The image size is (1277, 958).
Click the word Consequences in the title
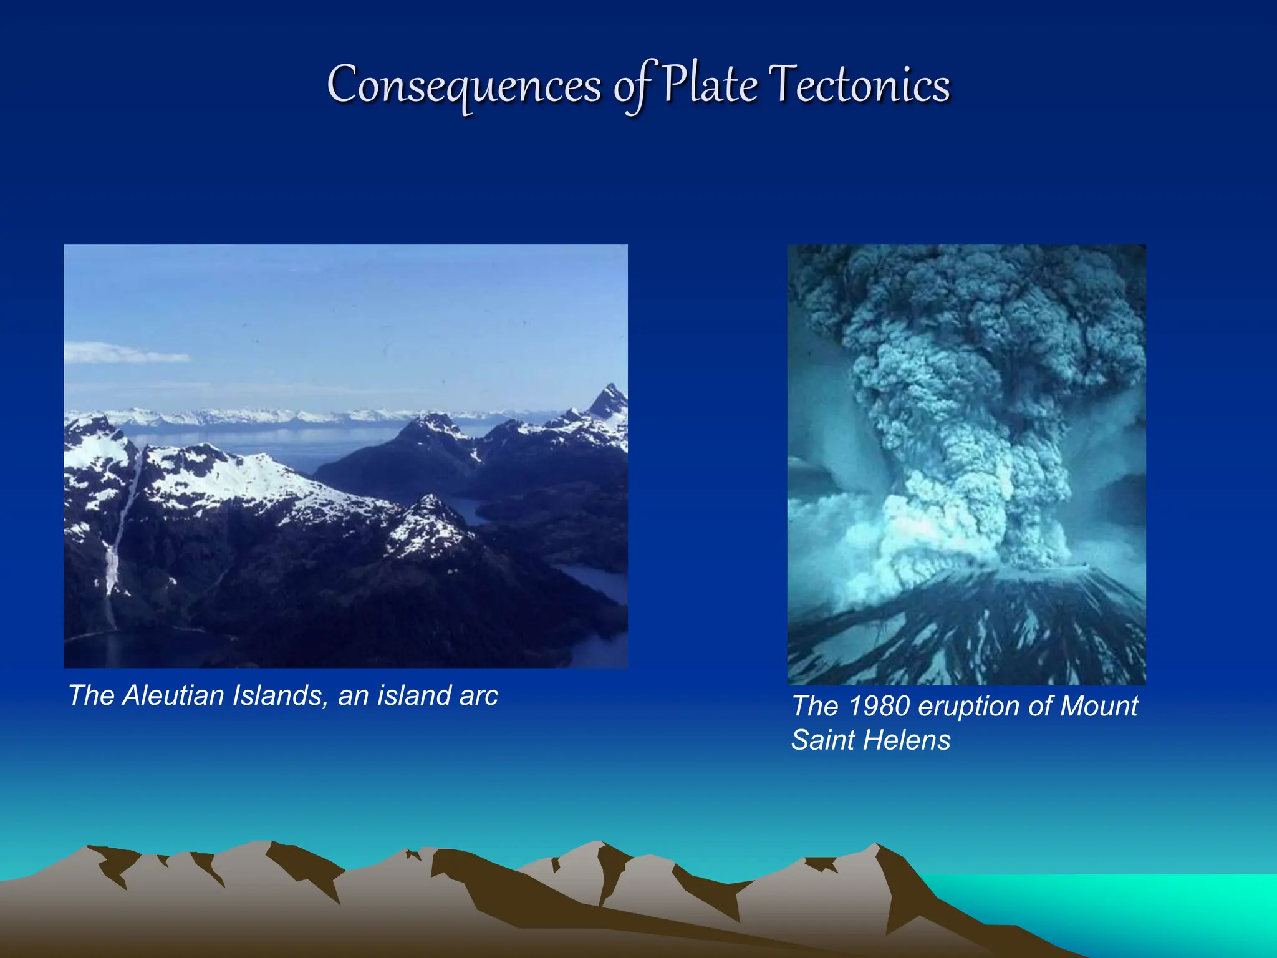point(464,86)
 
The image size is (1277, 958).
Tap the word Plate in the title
point(710,85)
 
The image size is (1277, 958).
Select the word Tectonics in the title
point(859,85)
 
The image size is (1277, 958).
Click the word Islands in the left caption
point(280,695)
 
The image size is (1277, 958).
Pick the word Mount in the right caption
point(1099,706)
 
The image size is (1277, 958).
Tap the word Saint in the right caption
point(821,740)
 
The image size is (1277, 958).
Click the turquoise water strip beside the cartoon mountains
point(1122,898)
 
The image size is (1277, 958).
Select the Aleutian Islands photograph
point(345,455)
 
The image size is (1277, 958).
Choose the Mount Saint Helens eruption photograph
point(966,465)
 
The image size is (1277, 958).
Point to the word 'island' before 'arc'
point(412,695)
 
